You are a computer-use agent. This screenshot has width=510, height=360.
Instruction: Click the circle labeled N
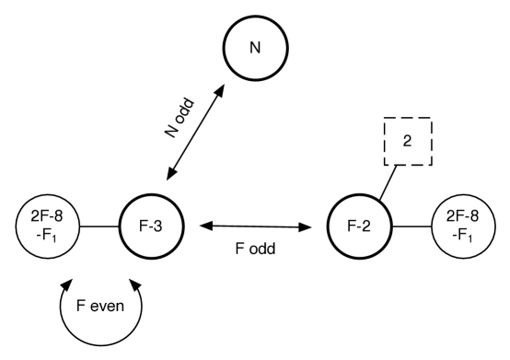255,49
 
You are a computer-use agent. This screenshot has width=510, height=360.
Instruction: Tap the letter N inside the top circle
255,49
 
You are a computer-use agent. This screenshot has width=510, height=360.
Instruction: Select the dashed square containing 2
408,141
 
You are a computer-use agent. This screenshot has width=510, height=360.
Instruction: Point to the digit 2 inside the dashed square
408,141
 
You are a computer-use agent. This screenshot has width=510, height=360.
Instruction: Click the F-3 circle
151,225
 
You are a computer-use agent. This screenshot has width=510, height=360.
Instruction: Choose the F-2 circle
359,225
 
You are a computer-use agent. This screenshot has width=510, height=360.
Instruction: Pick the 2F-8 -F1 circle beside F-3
47,225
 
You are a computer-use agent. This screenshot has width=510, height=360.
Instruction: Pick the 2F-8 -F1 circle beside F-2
463,225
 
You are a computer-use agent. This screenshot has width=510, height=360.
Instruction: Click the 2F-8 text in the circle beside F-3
47,217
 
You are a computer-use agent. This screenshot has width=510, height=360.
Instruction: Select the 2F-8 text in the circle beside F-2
463,217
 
